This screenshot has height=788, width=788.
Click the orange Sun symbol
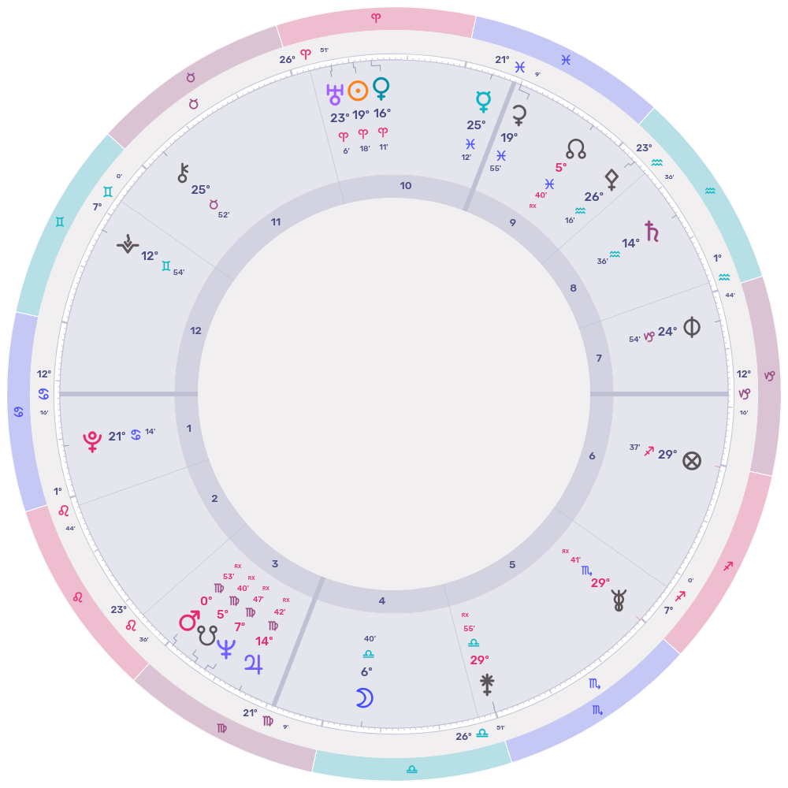[x=359, y=91]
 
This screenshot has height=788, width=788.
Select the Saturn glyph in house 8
[x=652, y=231]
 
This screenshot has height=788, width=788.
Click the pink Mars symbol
[x=189, y=621]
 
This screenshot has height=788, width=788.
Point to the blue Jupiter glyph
[x=255, y=663]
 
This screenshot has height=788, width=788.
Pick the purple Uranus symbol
[x=335, y=95]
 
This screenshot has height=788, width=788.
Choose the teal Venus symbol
[x=381, y=88]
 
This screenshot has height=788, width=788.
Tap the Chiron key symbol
[x=184, y=173]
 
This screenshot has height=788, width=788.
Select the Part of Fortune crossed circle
[x=691, y=461]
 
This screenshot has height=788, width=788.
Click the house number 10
[x=406, y=186]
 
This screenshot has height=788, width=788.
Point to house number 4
[x=382, y=601]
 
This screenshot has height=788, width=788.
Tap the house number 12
[x=196, y=330]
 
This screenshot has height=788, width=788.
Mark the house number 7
[x=599, y=359]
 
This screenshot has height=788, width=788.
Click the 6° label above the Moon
[x=366, y=671]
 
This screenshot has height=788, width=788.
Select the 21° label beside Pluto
[x=117, y=436]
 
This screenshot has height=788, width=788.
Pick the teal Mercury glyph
[x=483, y=101]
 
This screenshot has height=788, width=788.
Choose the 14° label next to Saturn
[x=631, y=243]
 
